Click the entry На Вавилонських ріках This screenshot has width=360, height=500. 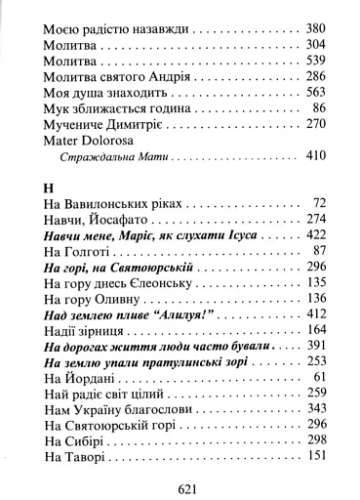[112, 204]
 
